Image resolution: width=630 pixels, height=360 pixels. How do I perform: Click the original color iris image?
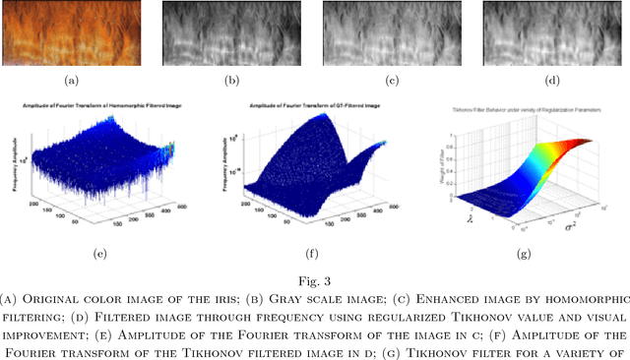(x=71, y=32)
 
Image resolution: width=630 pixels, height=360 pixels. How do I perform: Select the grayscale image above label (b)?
(x=230, y=32)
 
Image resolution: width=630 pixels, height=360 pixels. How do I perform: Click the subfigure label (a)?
(x=72, y=78)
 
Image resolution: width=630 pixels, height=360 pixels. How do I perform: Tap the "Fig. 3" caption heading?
(x=315, y=280)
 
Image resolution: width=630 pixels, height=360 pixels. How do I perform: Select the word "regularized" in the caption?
(x=403, y=317)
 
